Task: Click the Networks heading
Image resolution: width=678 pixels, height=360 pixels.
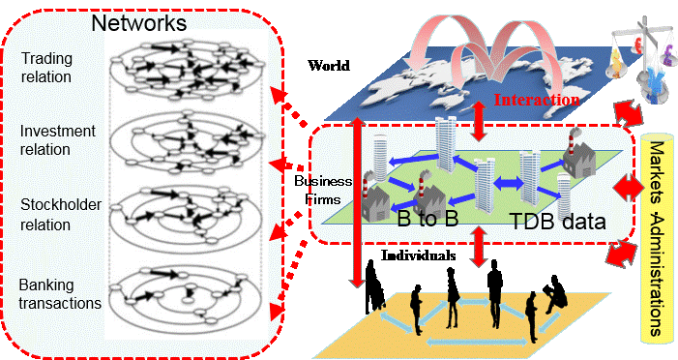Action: point(139,22)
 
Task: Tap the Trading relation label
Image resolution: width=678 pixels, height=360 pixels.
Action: point(46,68)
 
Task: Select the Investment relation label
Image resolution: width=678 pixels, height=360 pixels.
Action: point(57,139)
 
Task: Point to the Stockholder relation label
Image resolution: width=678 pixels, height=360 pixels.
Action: point(61,214)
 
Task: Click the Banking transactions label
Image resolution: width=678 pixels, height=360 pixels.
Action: point(60,294)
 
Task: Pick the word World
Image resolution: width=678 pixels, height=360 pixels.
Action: point(329,66)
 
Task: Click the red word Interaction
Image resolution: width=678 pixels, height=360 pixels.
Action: point(537,100)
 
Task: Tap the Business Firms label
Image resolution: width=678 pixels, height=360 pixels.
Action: point(323,190)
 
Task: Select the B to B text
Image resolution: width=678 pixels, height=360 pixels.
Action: point(427,219)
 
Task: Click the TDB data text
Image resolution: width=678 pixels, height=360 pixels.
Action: point(558,221)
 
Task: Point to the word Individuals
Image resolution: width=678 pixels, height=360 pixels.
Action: point(418,255)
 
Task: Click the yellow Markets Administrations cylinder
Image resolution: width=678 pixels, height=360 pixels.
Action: point(657,238)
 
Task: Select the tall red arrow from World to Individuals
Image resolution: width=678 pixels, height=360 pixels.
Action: point(357,202)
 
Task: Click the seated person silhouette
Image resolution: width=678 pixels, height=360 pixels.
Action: point(555,293)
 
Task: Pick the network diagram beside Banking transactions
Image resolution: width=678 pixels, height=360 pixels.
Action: point(185,295)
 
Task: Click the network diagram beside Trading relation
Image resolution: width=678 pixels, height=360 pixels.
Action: point(187,68)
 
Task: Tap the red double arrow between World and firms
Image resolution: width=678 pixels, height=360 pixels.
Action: point(478,121)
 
